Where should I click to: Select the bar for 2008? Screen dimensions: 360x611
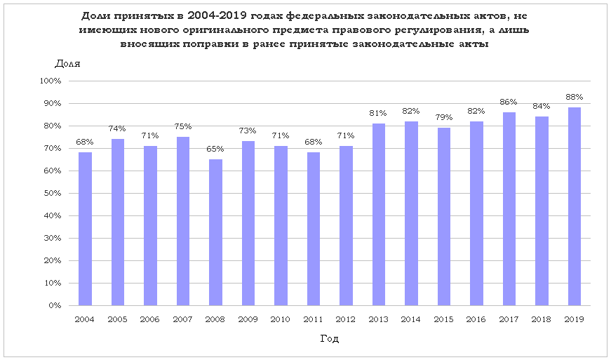point(215,232)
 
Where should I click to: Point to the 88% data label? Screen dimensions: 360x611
point(575,97)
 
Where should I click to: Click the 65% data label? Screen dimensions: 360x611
point(215,149)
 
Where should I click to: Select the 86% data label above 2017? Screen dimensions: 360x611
point(509,102)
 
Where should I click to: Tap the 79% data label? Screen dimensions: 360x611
point(443,117)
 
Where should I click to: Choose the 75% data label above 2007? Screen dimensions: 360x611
point(183,126)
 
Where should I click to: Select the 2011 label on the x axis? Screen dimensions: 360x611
point(314,320)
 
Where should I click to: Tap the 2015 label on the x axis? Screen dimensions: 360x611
point(443,320)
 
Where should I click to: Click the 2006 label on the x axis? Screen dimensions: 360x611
point(150,320)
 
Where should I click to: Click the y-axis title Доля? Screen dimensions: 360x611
point(67,63)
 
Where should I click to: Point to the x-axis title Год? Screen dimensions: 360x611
point(330,339)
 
